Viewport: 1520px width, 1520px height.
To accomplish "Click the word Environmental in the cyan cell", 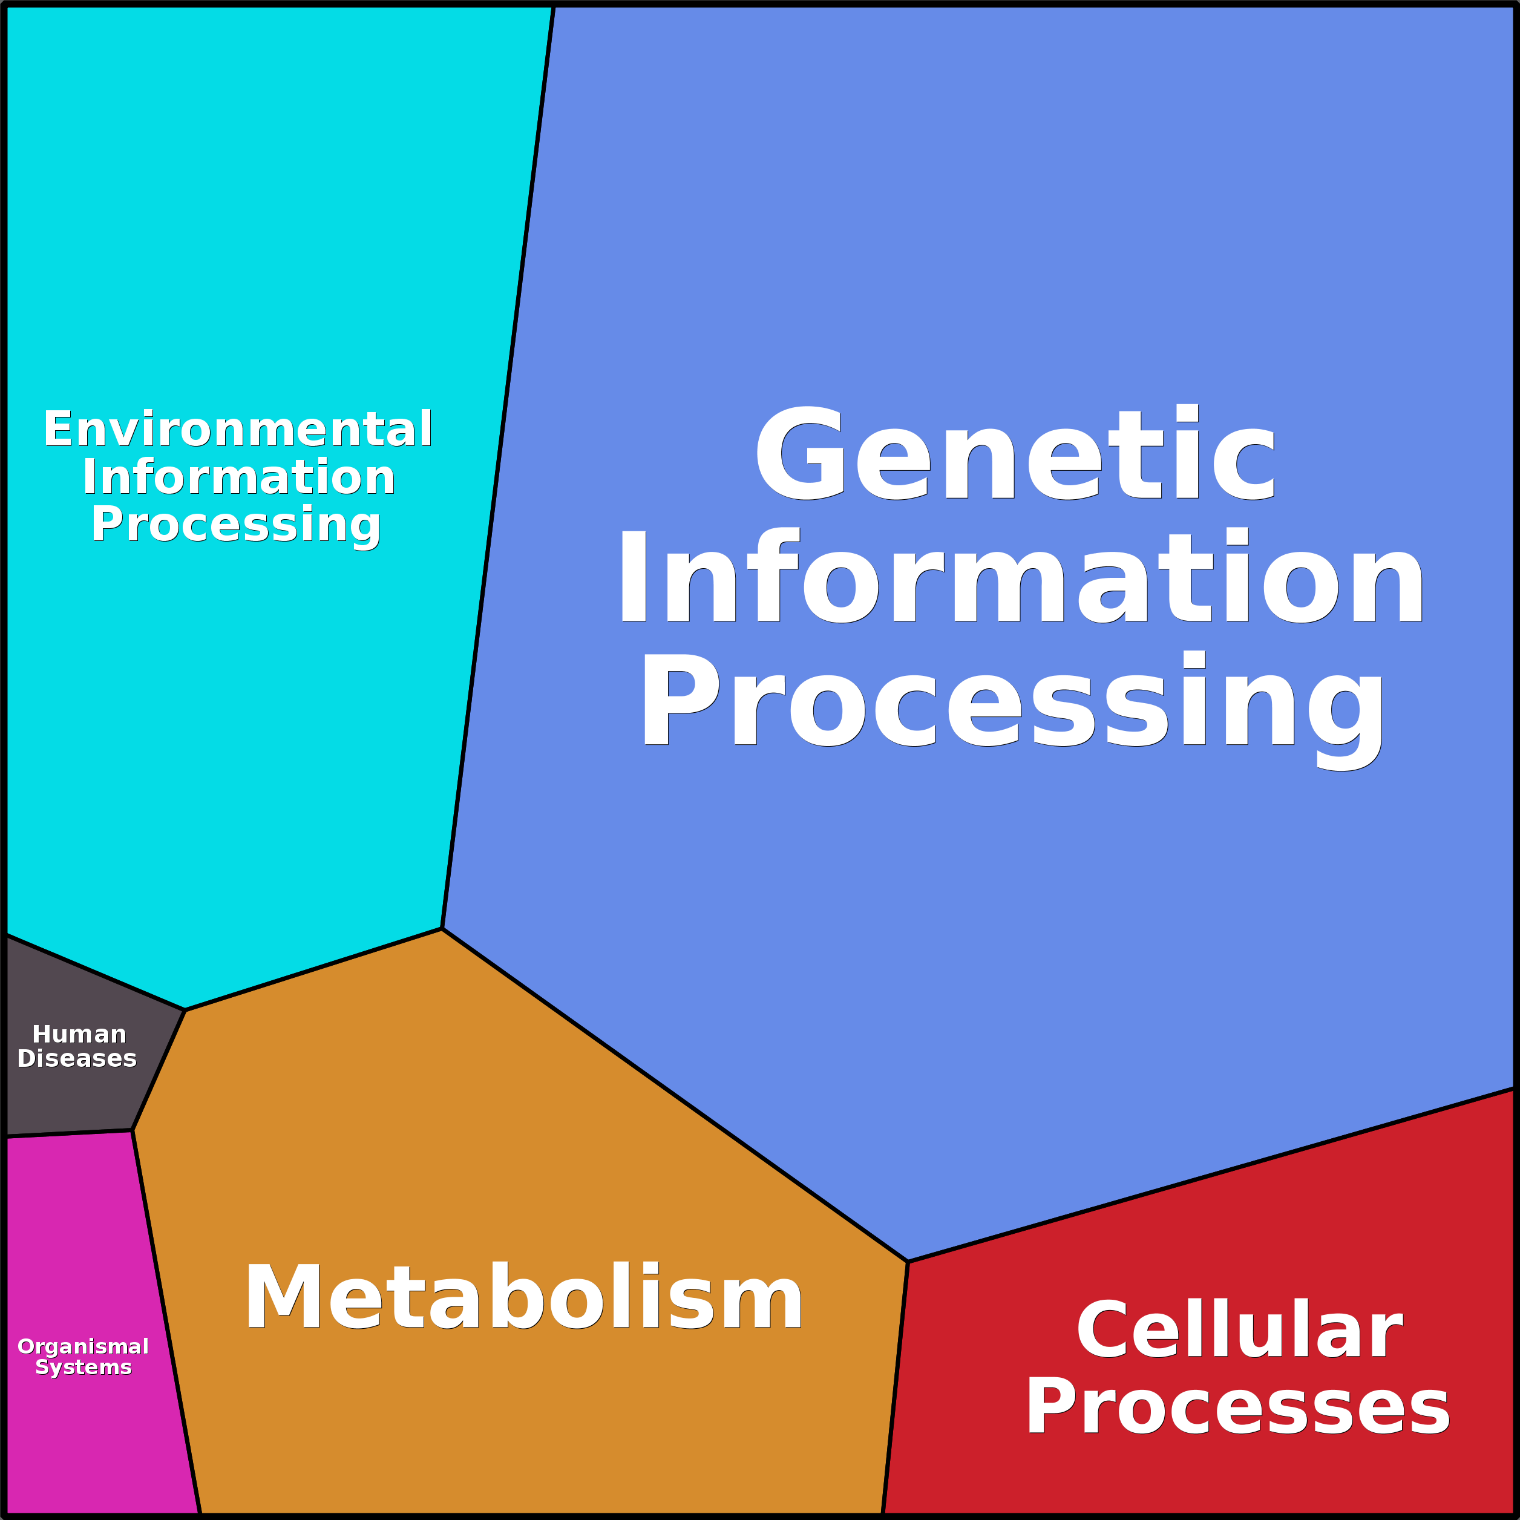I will [238, 430].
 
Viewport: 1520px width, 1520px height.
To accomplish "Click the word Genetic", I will [1014, 455].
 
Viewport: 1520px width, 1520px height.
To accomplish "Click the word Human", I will [79, 1035].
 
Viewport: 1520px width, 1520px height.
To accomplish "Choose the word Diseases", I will [77, 1059].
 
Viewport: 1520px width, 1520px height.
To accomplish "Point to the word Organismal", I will [84, 1347].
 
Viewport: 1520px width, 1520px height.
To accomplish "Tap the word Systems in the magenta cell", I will [84, 1368].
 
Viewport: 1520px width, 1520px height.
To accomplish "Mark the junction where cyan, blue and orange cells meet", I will [442, 928].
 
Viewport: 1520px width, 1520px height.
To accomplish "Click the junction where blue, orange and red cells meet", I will [908, 1262].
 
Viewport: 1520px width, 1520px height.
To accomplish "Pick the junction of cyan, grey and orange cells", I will [185, 1009].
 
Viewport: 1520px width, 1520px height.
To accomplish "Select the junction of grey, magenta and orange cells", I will [132, 1130].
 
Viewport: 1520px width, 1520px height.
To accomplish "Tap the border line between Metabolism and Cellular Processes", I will [896, 1389].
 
